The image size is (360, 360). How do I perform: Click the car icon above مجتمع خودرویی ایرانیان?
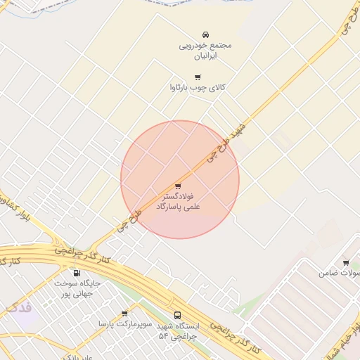[205, 34]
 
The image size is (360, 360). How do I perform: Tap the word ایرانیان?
[205, 55]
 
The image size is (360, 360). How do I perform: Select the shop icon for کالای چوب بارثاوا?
[198, 77]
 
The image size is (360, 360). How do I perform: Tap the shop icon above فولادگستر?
[177, 186]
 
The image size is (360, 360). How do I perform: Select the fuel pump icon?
[77, 273]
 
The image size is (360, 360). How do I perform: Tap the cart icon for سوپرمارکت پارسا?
[124, 314]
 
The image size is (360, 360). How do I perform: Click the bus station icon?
[176, 316]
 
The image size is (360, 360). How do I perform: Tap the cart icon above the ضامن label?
[345, 262]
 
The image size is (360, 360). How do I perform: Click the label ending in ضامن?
[339, 273]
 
